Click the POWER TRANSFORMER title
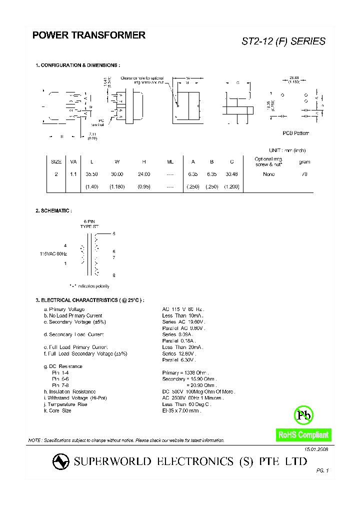pos(89,35)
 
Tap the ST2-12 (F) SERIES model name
pos(283,41)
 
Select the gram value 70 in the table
pos(304,174)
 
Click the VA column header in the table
pos(73,161)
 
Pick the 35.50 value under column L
pos(91,174)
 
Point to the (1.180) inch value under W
pos(117,186)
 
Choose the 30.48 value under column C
pos(231,174)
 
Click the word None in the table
pos(268,174)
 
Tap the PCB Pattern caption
pos(296,133)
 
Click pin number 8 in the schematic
pos(114,275)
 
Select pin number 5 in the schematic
pos(114,233)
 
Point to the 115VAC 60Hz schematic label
pos(53,254)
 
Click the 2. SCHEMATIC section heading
pos(53,211)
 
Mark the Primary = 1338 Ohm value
pos(185,372)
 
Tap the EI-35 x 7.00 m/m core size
pos(181,410)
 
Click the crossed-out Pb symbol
pos(303,414)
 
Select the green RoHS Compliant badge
pos(303,435)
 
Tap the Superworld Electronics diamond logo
pos(61,462)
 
